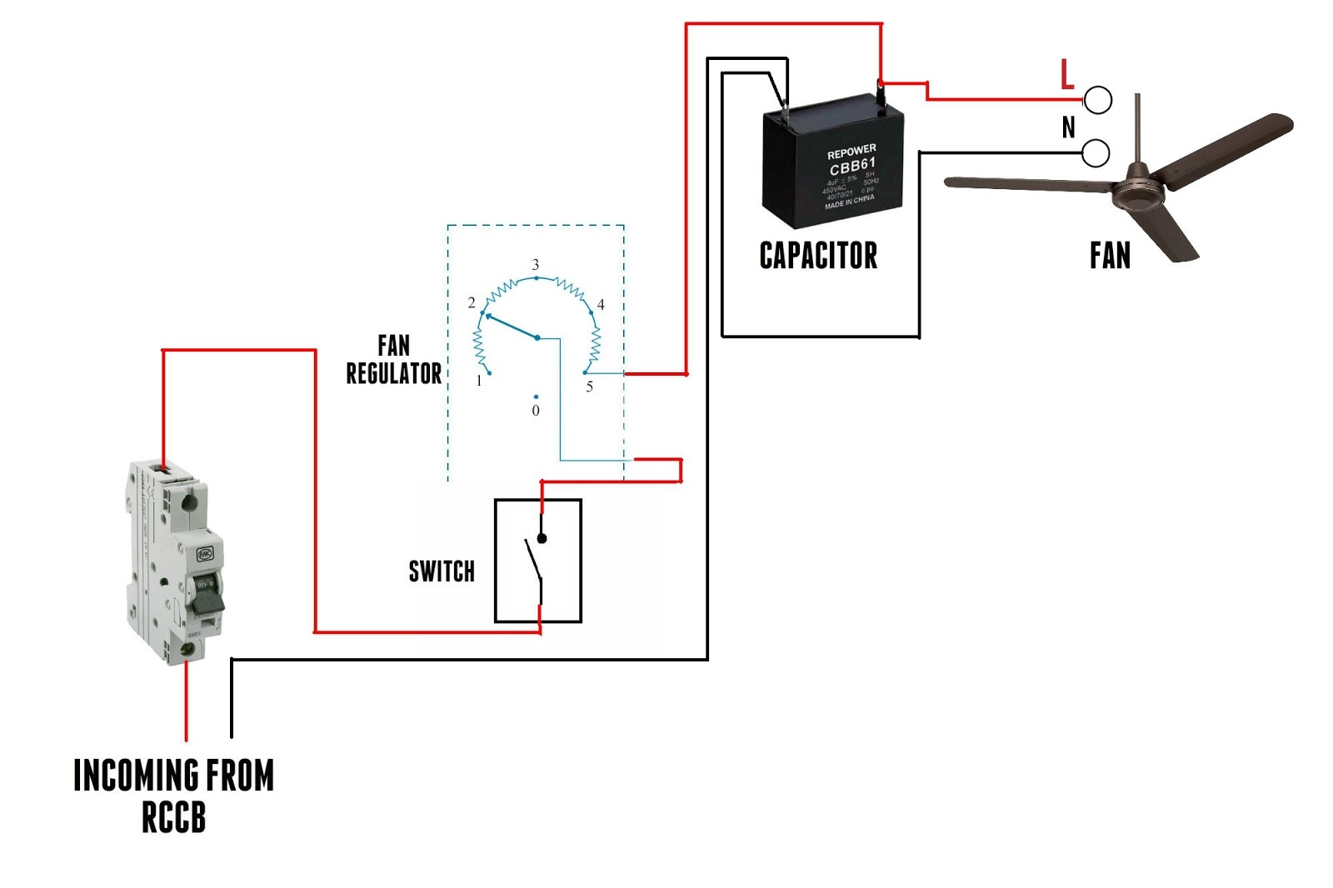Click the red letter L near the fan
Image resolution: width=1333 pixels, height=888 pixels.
pyautogui.click(x=1067, y=75)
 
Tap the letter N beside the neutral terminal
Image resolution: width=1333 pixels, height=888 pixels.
pyautogui.click(x=1069, y=127)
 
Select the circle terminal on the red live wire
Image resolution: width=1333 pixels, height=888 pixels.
pyautogui.click(x=1098, y=100)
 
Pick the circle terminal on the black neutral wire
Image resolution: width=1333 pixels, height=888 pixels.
pyautogui.click(x=1096, y=153)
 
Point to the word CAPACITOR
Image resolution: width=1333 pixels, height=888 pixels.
pyautogui.click(x=818, y=255)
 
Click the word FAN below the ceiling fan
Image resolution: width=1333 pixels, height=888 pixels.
pyautogui.click(x=1110, y=255)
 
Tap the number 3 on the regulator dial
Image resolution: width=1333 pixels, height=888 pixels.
pyautogui.click(x=536, y=264)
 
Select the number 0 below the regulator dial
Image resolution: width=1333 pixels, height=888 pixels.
pyautogui.click(x=536, y=411)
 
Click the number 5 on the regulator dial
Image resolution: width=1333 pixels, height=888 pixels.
pyautogui.click(x=590, y=387)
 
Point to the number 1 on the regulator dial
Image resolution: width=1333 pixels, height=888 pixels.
pyautogui.click(x=479, y=381)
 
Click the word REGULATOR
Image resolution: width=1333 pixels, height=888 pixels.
pyautogui.click(x=394, y=373)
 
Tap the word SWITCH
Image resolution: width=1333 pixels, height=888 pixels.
pyautogui.click(x=442, y=571)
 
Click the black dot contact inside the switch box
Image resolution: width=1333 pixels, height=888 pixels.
pyautogui.click(x=542, y=539)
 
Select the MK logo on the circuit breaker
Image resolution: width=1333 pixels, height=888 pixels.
pyautogui.click(x=205, y=554)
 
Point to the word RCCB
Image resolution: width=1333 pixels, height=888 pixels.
pyautogui.click(x=173, y=818)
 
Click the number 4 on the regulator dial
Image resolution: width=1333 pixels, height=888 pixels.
pyautogui.click(x=601, y=305)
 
